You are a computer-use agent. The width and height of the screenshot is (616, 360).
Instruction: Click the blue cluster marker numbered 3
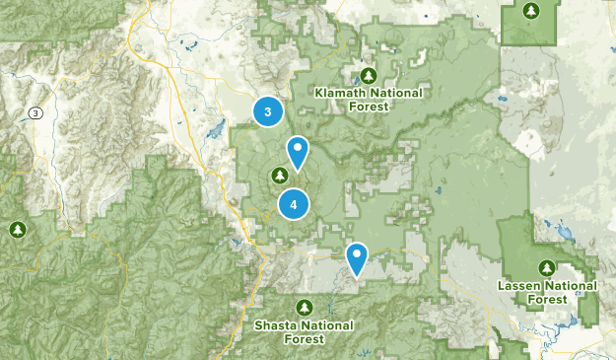[x=267, y=110]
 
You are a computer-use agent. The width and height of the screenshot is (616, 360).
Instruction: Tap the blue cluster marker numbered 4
[x=293, y=204]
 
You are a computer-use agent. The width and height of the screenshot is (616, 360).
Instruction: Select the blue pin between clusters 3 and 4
[x=297, y=152]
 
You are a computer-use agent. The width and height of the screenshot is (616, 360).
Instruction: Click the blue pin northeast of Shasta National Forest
[x=357, y=256]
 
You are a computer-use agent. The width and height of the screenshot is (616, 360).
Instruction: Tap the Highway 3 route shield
[x=36, y=113]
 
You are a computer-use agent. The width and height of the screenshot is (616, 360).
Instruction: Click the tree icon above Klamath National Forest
[x=369, y=75]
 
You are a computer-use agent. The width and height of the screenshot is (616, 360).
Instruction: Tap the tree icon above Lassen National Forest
[x=547, y=267]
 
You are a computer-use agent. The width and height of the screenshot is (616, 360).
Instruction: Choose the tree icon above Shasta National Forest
[x=304, y=306]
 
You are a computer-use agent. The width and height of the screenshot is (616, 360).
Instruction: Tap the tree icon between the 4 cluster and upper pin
[x=279, y=176]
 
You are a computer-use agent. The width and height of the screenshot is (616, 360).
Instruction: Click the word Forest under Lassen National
[x=547, y=299]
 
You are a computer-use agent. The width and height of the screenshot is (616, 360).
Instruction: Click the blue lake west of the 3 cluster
[x=209, y=131]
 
